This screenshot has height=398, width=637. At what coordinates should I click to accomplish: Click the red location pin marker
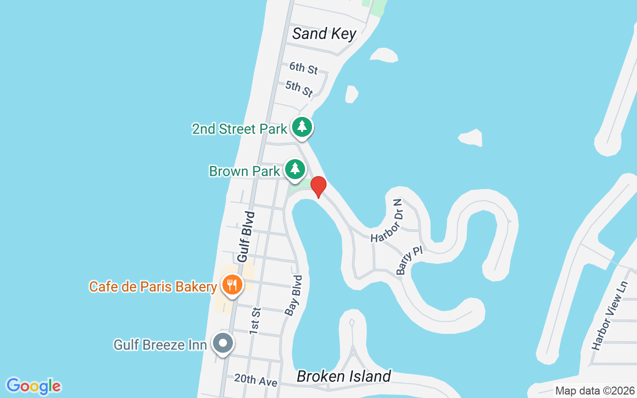point(318,187)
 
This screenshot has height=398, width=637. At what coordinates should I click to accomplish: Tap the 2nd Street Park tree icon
point(302,126)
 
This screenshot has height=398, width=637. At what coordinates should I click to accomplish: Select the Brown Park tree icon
point(295,169)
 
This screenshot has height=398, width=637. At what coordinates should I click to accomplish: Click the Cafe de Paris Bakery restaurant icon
point(232,285)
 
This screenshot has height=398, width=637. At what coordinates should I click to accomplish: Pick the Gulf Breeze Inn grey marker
point(223,343)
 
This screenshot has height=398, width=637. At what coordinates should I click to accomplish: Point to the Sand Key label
point(324,34)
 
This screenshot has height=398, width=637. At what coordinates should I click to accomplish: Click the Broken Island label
point(344,376)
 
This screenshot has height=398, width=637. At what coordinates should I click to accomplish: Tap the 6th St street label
point(304,68)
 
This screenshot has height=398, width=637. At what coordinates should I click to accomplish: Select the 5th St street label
point(299,89)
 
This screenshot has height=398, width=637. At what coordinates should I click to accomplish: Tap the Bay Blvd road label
point(293,295)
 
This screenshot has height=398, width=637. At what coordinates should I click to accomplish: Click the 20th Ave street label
point(255,381)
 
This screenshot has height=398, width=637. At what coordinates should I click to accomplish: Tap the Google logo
point(33,386)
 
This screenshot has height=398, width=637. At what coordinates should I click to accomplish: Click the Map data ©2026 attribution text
point(595,391)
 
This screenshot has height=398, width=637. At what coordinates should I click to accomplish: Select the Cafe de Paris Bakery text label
point(153,287)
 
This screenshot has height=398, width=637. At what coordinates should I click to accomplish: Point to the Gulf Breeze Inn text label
point(160,344)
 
